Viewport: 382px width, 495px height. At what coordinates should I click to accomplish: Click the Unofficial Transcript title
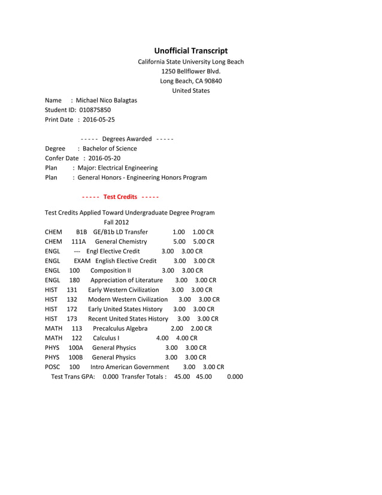[191, 51]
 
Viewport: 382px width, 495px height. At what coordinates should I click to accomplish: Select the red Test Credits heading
[120, 197]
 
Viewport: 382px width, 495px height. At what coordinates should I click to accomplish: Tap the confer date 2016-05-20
[104, 158]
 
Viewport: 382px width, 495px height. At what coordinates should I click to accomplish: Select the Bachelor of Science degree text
[110, 149]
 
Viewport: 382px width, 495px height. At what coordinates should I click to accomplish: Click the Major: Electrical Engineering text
[117, 168]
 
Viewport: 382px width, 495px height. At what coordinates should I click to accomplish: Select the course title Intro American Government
[129, 367]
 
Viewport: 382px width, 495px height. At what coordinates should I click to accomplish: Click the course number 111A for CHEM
[78, 242]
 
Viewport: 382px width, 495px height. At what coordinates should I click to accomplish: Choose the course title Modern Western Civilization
[128, 299]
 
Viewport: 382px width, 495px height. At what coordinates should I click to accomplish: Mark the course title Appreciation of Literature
[126, 280]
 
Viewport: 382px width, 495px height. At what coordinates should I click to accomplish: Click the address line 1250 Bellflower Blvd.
[191, 71]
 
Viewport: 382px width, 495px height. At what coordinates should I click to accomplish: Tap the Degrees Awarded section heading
[126, 139]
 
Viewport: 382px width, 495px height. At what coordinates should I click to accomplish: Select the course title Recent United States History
[128, 319]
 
